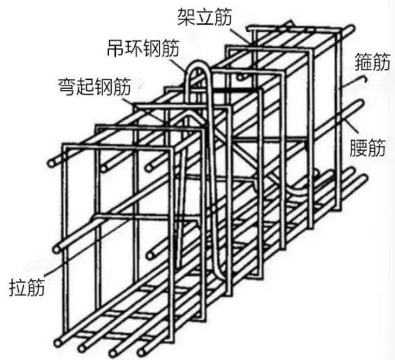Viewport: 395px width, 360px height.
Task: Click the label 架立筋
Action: [205, 17]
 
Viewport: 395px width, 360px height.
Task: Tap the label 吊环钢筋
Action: [143, 48]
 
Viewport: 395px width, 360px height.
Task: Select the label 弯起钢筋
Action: [94, 87]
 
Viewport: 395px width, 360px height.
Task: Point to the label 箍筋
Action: [372, 61]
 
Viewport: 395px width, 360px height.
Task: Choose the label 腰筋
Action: [367, 147]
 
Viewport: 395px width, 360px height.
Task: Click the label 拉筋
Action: [27, 287]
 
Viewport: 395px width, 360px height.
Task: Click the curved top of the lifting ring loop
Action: [199, 66]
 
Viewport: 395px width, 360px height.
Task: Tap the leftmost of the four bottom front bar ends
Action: [58, 343]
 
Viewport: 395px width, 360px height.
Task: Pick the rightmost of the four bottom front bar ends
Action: [142, 352]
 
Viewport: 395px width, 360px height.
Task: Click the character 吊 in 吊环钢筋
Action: [116, 48]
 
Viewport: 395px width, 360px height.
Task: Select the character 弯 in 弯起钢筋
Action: [67, 87]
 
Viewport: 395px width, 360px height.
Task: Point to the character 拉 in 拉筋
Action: [18, 287]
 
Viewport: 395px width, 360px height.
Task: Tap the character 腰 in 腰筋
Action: [359, 147]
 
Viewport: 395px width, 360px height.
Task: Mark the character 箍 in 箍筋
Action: [363, 61]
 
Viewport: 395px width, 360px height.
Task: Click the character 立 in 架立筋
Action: [205, 17]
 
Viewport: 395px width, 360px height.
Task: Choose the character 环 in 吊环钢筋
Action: [135, 48]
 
